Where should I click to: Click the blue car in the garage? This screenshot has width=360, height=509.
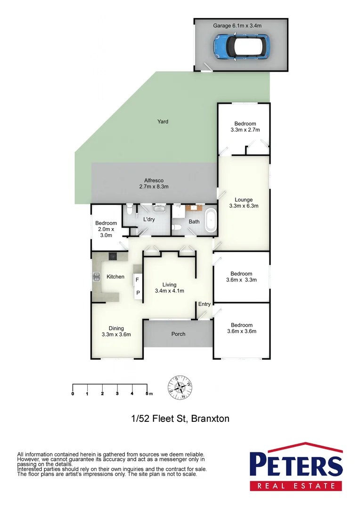[241, 46]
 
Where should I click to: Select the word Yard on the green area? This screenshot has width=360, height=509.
[163, 122]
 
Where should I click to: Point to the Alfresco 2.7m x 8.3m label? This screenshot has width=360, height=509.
[154, 183]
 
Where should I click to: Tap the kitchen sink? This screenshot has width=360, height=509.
[97, 277]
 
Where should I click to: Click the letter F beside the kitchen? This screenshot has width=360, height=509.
[138, 279]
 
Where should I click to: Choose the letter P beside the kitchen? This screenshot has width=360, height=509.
[138, 293]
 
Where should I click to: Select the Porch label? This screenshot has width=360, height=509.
[178, 334]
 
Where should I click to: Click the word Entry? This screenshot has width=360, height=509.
[205, 304]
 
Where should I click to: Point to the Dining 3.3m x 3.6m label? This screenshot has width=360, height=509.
[116, 331]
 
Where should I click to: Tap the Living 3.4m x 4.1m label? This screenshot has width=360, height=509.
[169, 287]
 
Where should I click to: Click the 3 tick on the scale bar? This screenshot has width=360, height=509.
[117, 393]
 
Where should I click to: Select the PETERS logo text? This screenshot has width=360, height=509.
[296, 465]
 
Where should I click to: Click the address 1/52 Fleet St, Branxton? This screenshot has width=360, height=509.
[180, 418]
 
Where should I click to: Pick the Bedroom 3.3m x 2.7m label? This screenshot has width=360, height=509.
[243, 127]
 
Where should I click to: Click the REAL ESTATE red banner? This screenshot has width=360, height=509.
[296, 485]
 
